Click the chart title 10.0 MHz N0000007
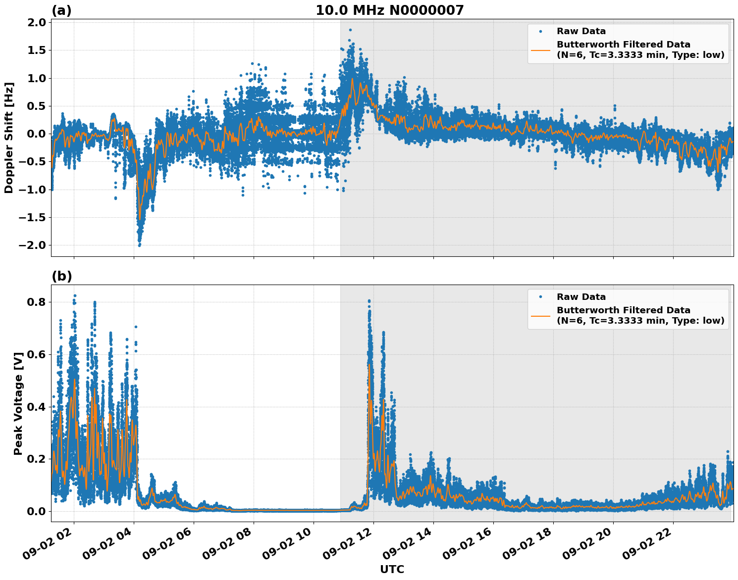[390, 10]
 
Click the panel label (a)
[61, 11]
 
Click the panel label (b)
[61, 277]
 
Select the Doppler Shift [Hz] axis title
[9, 138]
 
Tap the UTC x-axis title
[392, 570]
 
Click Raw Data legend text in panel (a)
[581, 31]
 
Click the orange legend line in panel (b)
[540, 315]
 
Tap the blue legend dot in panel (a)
[540, 31]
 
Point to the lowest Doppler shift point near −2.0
[139, 245]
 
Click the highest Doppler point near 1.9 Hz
[350, 30]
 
